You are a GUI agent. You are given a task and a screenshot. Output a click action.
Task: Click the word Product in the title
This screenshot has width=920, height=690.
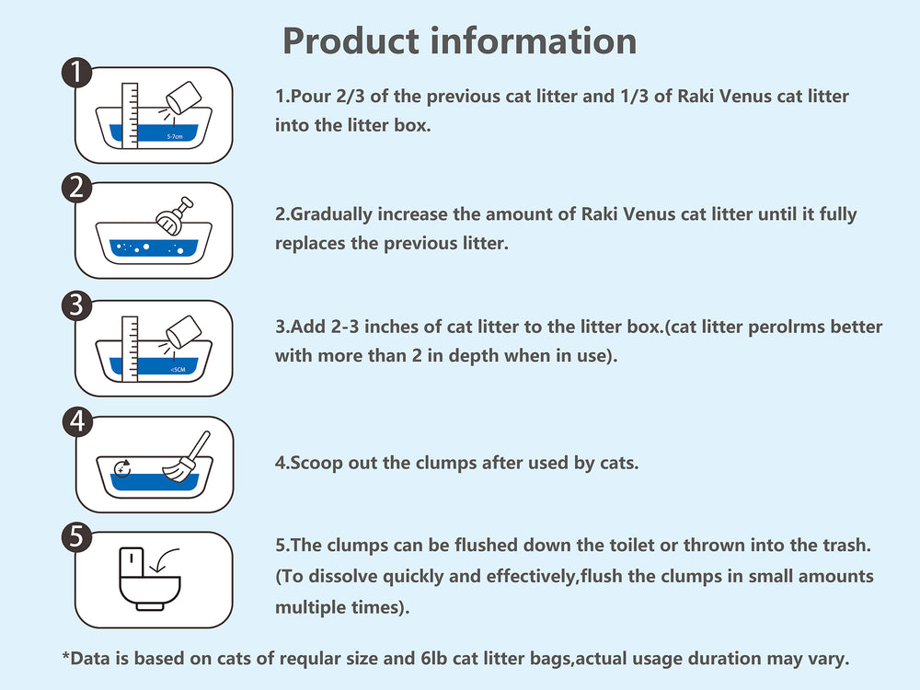(351, 41)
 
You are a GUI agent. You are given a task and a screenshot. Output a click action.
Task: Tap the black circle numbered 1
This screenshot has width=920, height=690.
(77, 73)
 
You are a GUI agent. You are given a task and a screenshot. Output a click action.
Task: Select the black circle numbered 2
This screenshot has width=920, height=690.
(77, 188)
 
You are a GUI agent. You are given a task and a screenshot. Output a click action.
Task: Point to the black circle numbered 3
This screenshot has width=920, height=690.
(77, 305)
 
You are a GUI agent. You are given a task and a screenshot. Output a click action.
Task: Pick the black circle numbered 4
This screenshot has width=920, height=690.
(77, 422)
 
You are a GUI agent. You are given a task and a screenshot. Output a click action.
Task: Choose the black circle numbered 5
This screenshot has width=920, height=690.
(77, 537)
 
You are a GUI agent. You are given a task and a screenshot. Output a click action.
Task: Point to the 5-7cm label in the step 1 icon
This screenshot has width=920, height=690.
(175, 137)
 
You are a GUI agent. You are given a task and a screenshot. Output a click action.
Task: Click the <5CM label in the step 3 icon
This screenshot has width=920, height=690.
(178, 370)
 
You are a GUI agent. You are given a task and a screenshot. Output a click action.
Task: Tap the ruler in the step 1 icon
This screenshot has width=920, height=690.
(130, 116)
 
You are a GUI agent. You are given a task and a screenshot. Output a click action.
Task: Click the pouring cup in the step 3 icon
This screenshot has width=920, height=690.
(184, 331)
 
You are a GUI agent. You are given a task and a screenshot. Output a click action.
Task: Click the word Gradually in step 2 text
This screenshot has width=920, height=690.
(331, 214)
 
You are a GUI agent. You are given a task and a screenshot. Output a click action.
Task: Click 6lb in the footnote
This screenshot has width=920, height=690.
(434, 659)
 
